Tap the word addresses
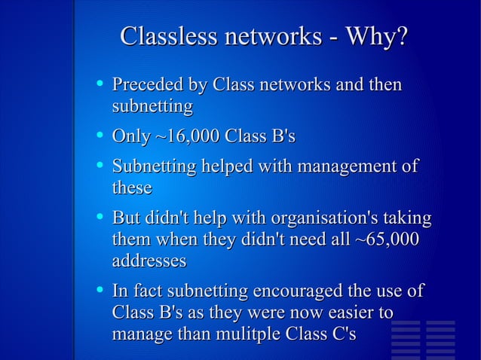[149, 261]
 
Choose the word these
[132, 188]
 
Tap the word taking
[408, 219]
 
